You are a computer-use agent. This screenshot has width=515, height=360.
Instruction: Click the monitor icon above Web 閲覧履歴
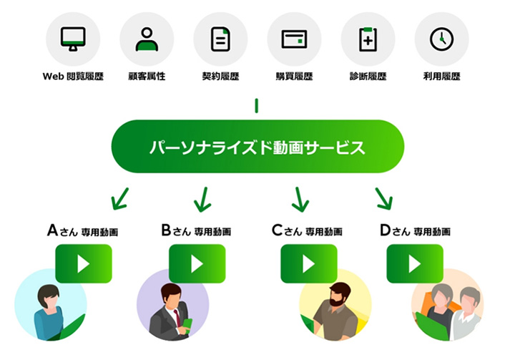point(72,39)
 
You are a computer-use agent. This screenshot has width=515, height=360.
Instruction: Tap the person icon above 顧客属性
point(147,39)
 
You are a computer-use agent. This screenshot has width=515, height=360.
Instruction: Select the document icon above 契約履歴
point(220,39)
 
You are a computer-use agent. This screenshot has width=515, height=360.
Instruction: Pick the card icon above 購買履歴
point(294,39)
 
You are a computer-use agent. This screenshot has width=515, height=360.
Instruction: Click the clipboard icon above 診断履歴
point(368,39)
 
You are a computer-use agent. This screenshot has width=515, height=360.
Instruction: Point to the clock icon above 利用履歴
point(441,39)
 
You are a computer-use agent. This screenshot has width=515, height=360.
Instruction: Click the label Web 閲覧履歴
point(72,76)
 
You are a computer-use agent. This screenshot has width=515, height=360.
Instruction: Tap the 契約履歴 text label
point(220,76)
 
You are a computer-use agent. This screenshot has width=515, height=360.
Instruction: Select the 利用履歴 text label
point(441,76)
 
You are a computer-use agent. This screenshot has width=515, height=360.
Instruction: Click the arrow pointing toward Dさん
point(384,198)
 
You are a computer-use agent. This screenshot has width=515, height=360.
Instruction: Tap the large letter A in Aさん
point(53,230)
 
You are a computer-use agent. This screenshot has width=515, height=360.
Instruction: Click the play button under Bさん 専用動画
point(197,263)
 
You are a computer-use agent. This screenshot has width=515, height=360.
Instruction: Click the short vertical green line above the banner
point(257,107)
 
